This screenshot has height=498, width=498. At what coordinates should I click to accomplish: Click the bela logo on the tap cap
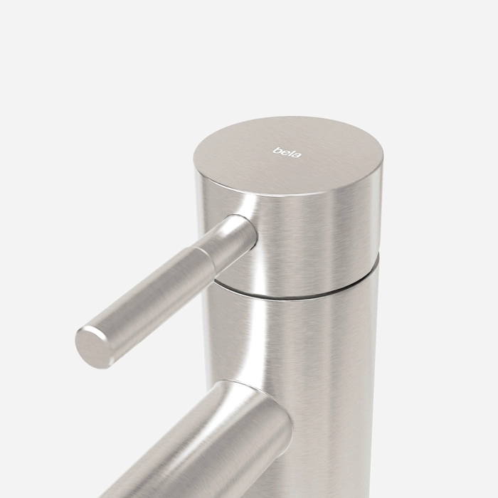[287, 152]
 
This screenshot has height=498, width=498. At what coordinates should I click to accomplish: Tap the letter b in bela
[276, 150]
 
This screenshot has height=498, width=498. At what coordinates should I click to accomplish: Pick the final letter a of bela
[297, 155]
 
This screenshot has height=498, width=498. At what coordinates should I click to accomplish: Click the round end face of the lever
[92, 348]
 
